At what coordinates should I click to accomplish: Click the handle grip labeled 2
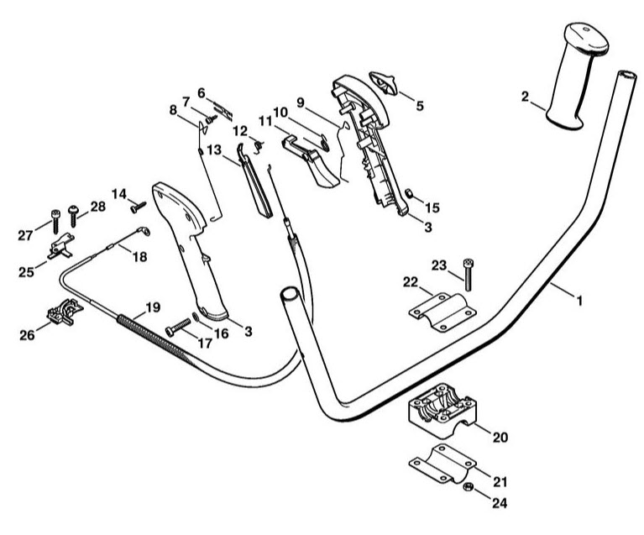tap(575, 76)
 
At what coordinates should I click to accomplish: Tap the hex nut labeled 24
tap(467, 487)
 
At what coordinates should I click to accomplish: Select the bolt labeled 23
tap(468, 275)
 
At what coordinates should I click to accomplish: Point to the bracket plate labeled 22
tap(442, 312)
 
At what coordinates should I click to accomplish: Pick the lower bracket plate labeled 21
tap(442, 464)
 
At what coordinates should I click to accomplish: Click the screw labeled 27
tap(56, 222)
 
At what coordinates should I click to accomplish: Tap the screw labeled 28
tap(73, 216)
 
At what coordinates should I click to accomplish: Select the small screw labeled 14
tap(139, 207)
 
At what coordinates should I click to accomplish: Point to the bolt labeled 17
tap(178, 328)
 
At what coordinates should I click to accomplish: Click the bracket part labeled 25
tap(61, 246)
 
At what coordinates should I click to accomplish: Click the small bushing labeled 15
tap(409, 192)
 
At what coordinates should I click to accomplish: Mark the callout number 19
tap(153, 307)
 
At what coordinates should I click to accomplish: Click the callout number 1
tap(579, 302)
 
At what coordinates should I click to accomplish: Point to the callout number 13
tap(214, 149)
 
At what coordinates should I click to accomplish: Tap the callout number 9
tap(301, 102)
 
